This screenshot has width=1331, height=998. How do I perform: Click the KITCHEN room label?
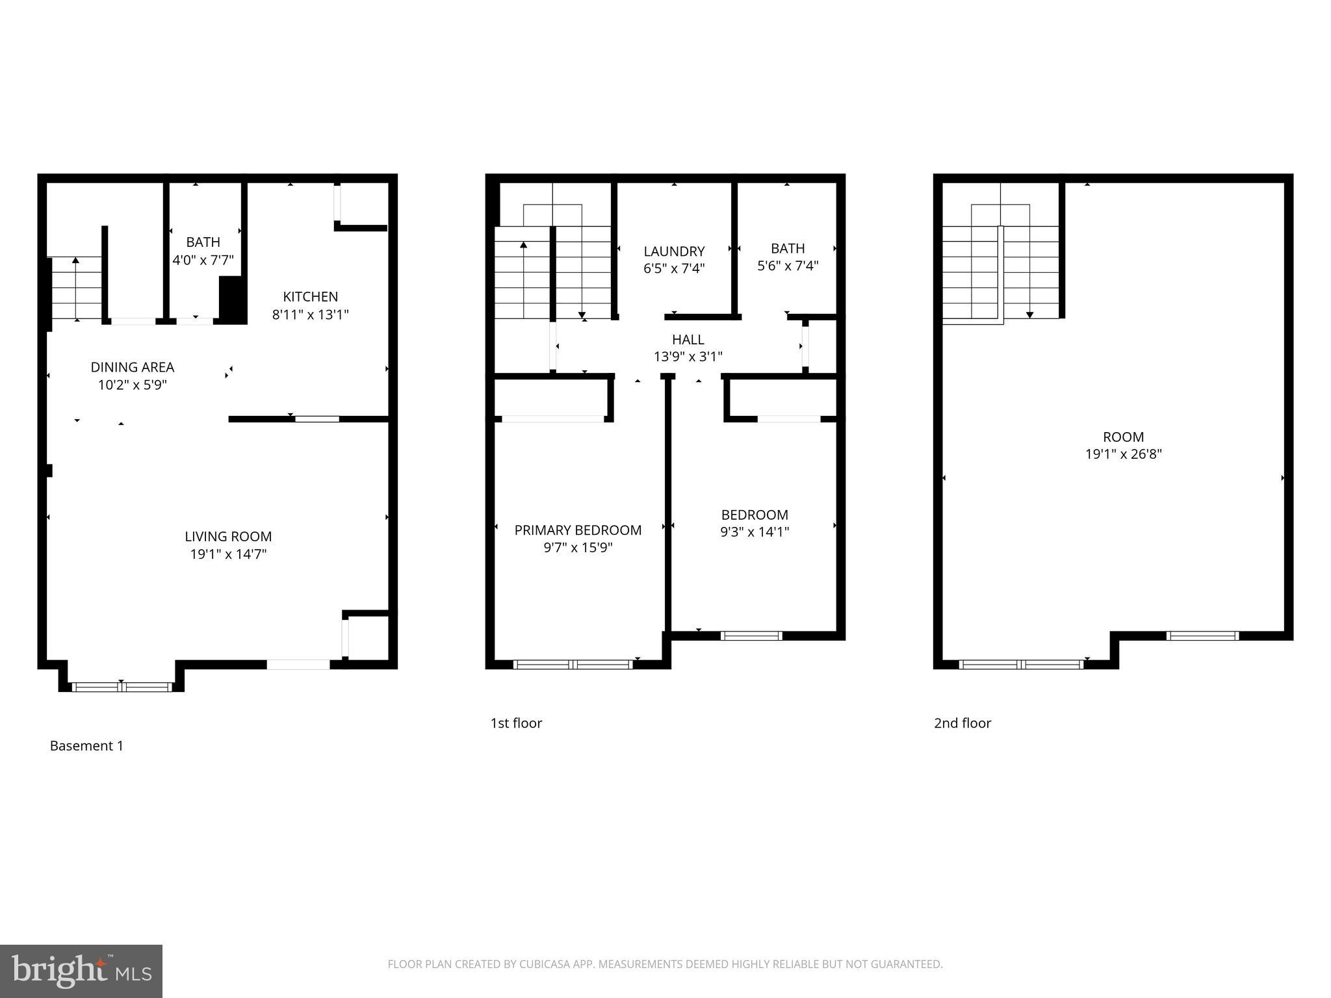click(311, 297)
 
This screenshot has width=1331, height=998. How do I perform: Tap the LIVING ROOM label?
click(228, 537)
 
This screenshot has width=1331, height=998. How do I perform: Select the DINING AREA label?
click(133, 368)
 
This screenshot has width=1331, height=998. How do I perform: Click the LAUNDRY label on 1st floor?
click(674, 251)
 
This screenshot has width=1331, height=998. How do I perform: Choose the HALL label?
click(688, 339)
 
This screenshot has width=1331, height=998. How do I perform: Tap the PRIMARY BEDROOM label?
click(578, 530)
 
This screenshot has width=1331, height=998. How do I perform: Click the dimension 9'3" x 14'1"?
click(755, 532)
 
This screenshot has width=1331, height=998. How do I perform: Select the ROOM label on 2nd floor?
click(1123, 437)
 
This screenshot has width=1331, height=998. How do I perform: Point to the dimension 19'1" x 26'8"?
click(1123, 454)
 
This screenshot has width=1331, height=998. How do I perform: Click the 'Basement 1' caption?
click(86, 746)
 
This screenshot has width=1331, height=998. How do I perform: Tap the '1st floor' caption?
click(516, 723)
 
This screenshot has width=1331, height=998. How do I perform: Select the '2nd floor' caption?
click(963, 723)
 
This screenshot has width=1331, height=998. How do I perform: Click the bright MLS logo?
click(81, 971)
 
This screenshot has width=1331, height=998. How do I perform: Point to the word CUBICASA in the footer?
click(545, 964)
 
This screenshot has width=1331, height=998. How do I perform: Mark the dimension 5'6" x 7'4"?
click(788, 266)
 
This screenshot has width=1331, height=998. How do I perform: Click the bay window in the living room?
click(122, 687)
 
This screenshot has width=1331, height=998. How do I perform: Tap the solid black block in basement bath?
click(233, 300)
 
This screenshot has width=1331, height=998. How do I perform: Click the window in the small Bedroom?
click(751, 635)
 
